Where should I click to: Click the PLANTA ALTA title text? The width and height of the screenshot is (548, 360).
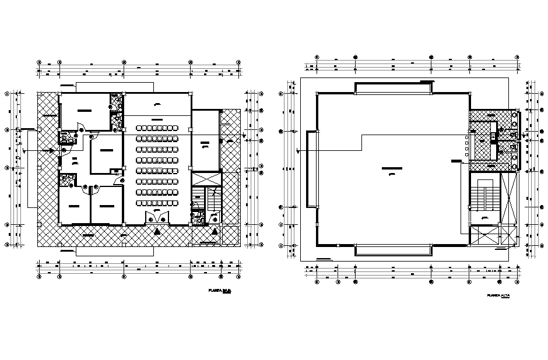pos(499,296)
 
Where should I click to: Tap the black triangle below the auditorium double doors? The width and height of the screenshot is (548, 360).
pos(157,231)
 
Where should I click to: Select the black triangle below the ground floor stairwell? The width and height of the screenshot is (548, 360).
pos(215,231)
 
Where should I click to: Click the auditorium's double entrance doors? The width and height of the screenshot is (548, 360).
pos(157,218)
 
